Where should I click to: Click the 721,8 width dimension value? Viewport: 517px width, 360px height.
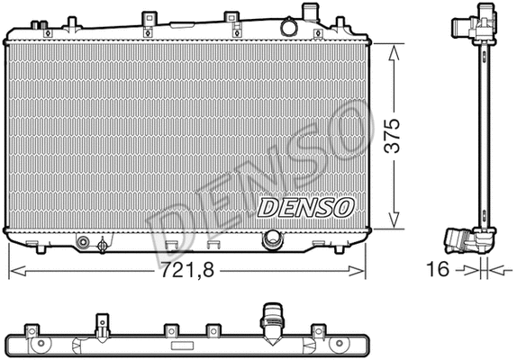coord(190,267)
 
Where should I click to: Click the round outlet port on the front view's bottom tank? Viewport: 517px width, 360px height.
coord(271,239)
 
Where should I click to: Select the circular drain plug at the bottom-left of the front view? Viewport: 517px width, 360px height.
coord(84,242)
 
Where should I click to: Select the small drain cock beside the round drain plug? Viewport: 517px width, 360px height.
coord(104,242)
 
